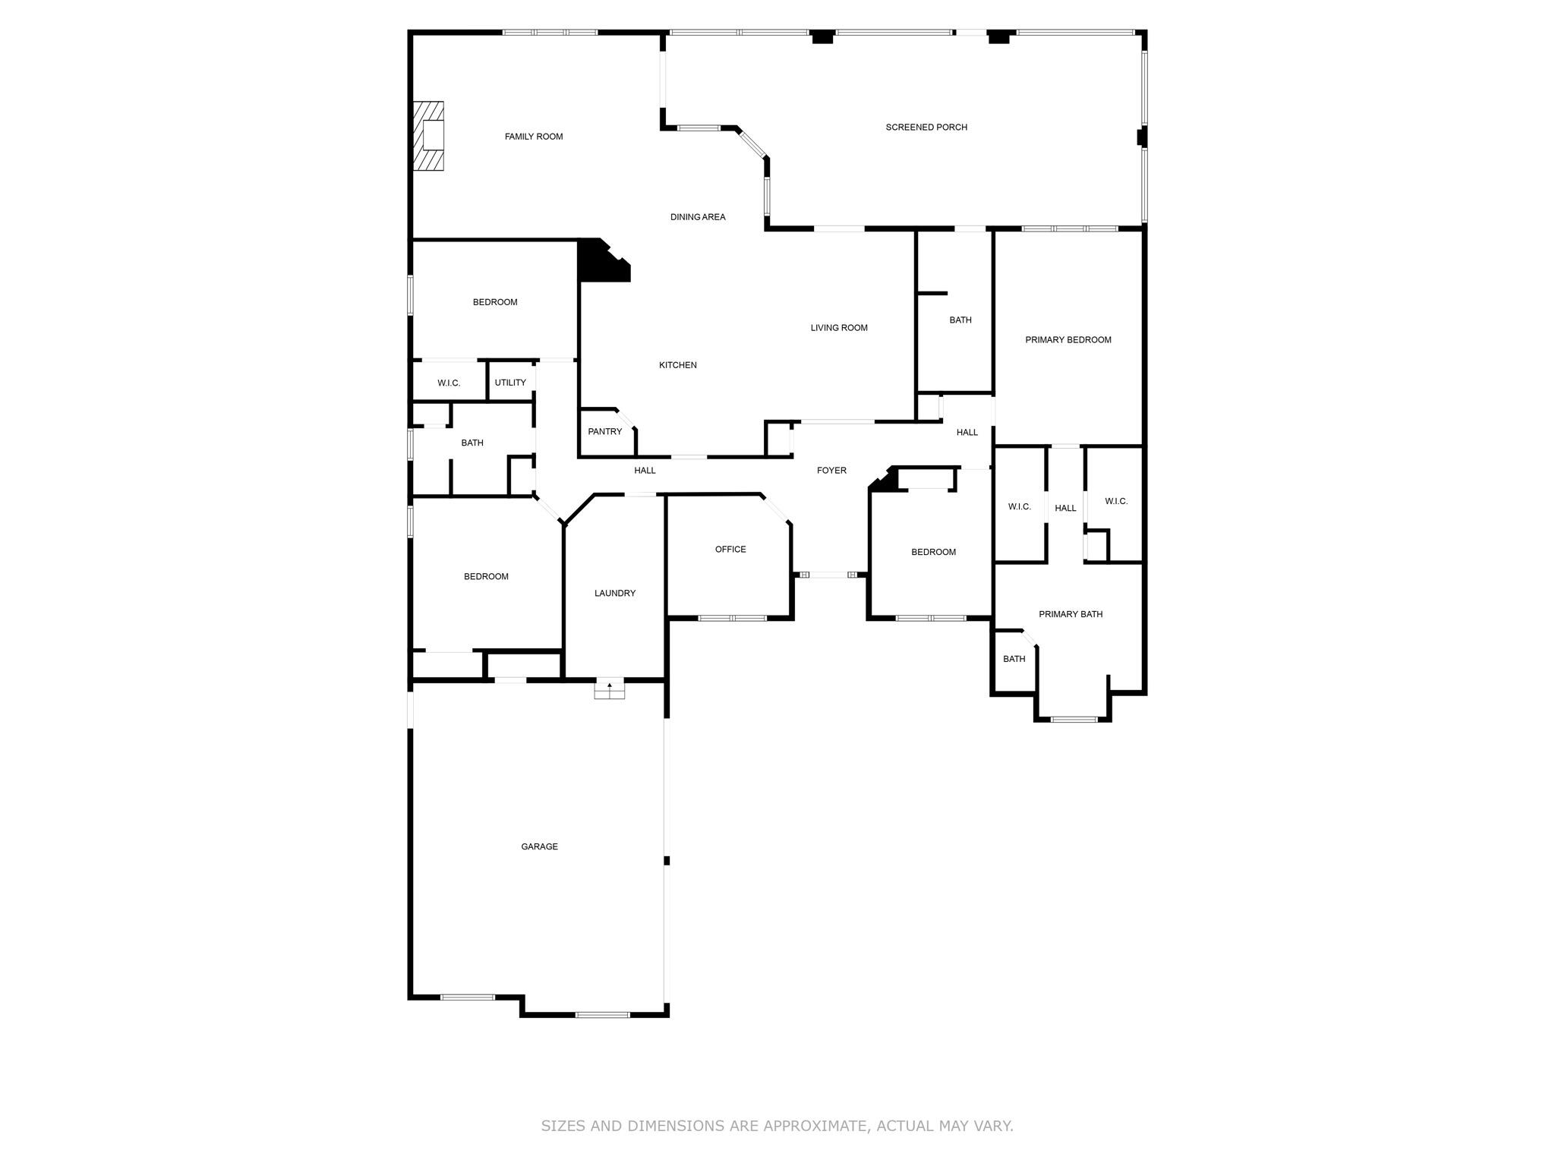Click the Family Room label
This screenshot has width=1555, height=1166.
tap(534, 137)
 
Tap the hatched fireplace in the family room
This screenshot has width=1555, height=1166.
tap(428, 136)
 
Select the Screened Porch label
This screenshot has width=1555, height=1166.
tap(926, 128)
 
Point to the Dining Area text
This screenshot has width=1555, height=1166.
tap(698, 217)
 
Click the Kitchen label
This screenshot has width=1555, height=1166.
tap(677, 365)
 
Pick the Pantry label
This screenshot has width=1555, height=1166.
tap(604, 432)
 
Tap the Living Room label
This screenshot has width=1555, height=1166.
tap(838, 328)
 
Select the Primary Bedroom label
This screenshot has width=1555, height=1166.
tap(1068, 340)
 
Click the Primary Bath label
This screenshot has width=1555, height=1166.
tap(1071, 614)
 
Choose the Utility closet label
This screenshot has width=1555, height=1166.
tap(510, 383)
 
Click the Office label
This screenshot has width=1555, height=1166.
tap(730, 550)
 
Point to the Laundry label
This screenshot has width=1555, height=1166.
tap(615, 594)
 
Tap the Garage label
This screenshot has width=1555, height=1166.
tap(539, 846)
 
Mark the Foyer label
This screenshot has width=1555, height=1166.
tap(831, 471)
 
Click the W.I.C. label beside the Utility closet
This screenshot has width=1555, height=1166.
tap(449, 383)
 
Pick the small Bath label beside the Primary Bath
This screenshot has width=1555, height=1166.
tap(1014, 659)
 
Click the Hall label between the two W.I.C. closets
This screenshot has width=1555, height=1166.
tap(1065, 509)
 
